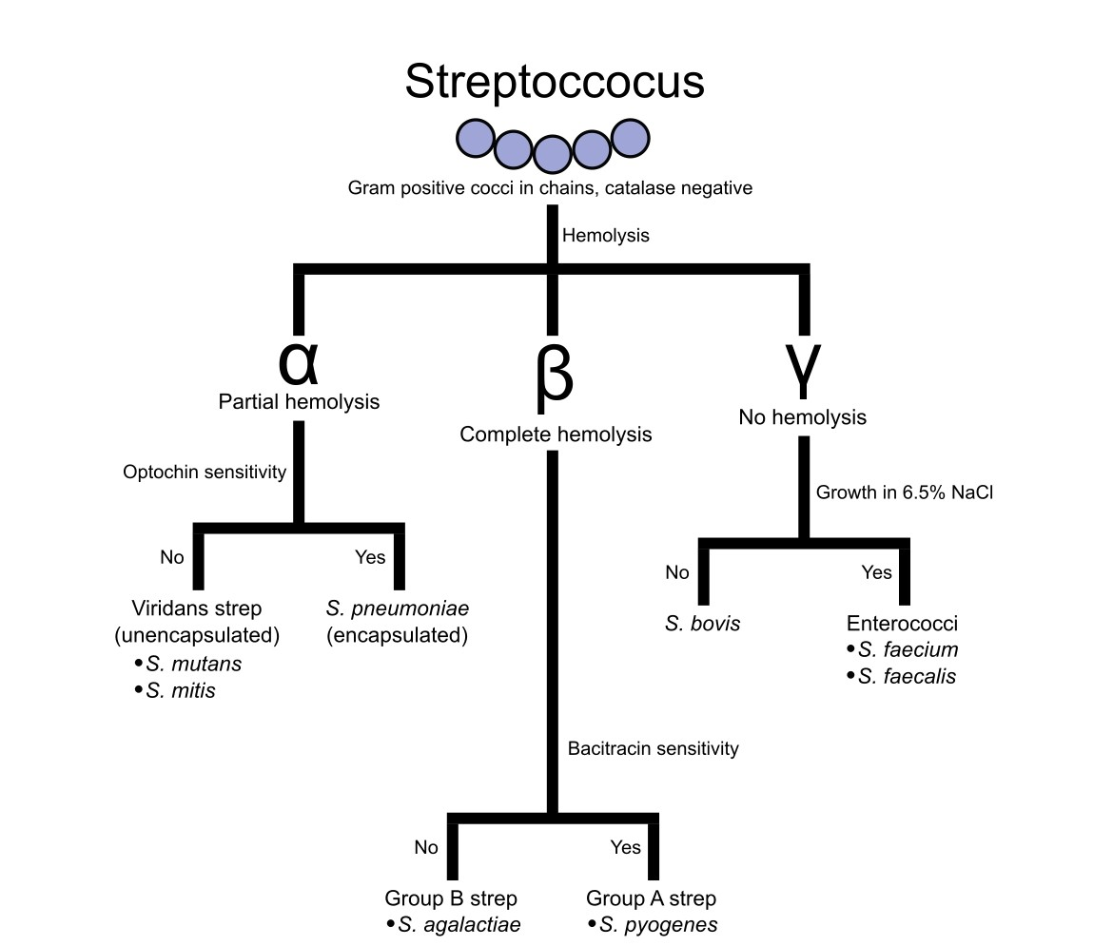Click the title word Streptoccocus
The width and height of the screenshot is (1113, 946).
click(x=555, y=82)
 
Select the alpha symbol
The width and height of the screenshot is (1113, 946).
click(x=299, y=360)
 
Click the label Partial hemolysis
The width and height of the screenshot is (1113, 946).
click(x=299, y=402)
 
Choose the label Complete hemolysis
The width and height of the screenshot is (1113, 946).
click(x=556, y=434)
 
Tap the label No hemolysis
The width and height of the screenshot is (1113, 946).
click(x=803, y=417)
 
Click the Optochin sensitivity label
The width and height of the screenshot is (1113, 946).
click(x=205, y=473)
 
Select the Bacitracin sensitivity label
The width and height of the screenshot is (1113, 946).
click(x=653, y=749)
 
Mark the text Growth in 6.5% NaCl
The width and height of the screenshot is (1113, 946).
click(x=904, y=493)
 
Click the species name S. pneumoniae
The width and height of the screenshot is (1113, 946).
click(x=398, y=609)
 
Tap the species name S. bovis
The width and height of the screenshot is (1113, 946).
click(x=702, y=625)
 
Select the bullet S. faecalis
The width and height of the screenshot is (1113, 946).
click(x=907, y=677)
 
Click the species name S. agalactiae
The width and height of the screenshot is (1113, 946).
click(x=459, y=925)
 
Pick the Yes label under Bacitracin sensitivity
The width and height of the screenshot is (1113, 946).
click(x=625, y=847)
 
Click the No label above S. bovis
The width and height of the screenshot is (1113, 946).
click(x=677, y=572)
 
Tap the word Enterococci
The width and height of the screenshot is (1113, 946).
click(x=902, y=625)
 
